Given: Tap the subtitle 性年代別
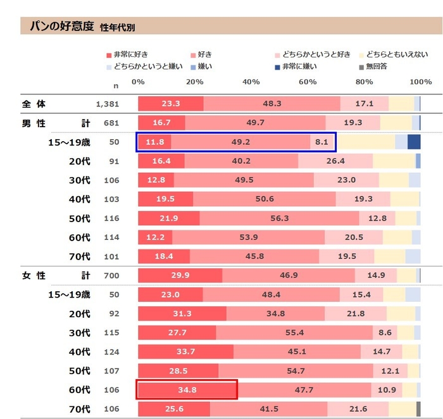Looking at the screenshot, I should point(117,28).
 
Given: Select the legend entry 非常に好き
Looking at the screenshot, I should point(130,54).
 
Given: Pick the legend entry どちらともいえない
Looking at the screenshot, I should point(397,54).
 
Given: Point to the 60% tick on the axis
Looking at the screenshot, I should point(308,82).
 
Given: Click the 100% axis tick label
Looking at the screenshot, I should point(420,82).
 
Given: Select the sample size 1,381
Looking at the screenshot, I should point(107,104).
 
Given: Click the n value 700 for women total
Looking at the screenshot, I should point(113,275).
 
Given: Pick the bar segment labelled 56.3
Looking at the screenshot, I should point(279,218).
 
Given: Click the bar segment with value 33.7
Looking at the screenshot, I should point(185,352).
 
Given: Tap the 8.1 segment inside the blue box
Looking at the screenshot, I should point(321,142).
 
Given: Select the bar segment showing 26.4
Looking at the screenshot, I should point(335,161).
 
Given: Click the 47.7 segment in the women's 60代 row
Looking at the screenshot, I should point(304,390).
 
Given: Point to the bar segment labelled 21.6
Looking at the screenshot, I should point(358,409).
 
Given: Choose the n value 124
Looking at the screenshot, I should point(113,352).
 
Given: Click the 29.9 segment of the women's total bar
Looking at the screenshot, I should point(180,275).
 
